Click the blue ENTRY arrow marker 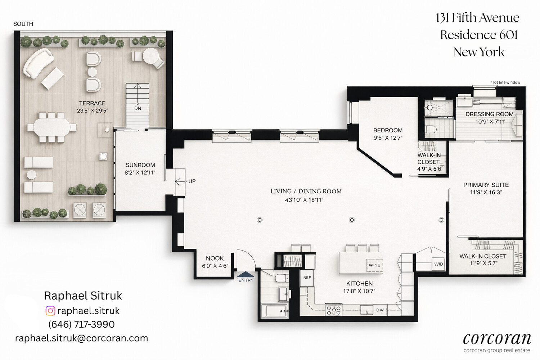(x=246, y=274)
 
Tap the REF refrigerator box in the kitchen (x=307, y=278)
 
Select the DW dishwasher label (x=380, y=310)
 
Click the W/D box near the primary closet (x=438, y=264)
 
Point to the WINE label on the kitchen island (x=374, y=265)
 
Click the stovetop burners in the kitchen (x=334, y=310)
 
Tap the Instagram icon (x=50, y=311)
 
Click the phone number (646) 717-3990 (x=81, y=324)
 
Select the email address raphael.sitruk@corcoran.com (x=81, y=338)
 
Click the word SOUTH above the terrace (x=23, y=24)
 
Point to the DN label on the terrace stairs (x=138, y=108)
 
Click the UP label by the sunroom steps (x=192, y=181)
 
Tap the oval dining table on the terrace (x=52, y=127)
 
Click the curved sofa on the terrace (x=38, y=63)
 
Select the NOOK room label (x=215, y=258)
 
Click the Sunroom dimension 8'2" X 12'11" (x=140, y=173)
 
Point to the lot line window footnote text (x=505, y=82)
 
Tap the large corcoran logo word (x=497, y=339)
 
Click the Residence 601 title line (x=479, y=35)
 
